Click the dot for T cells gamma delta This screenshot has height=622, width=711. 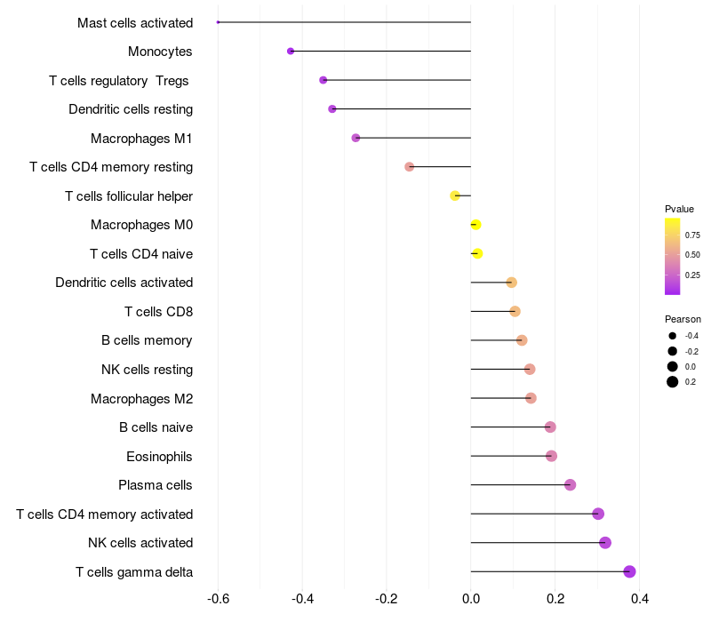(x=630, y=571)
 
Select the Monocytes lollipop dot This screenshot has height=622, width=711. (x=291, y=51)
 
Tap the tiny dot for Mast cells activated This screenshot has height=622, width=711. (x=218, y=22)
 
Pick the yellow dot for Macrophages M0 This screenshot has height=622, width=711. (x=475, y=225)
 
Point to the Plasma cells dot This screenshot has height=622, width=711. (x=571, y=484)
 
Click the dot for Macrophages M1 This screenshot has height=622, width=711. (x=355, y=138)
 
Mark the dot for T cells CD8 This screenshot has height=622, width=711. (x=515, y=311)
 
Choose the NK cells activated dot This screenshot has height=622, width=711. (x=605, y=543)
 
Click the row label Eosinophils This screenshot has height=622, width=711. (x=159, y=457)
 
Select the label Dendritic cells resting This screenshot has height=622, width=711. (x=131, y=109)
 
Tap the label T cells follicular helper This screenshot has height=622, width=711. (x=129, y=195)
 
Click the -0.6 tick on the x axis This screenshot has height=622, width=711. (x=218, y=599)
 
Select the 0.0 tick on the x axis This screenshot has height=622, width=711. (x=471, y=599)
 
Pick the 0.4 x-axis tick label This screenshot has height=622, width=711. (x=639, y=599)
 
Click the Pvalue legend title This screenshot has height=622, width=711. (x=679, y=209)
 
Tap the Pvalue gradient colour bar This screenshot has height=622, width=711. (x=673, y=256)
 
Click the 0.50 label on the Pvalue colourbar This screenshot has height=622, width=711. (x=692, y=255)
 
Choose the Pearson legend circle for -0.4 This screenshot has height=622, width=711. (x=673, y=336)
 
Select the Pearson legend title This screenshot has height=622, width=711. (x=683, y=319)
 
